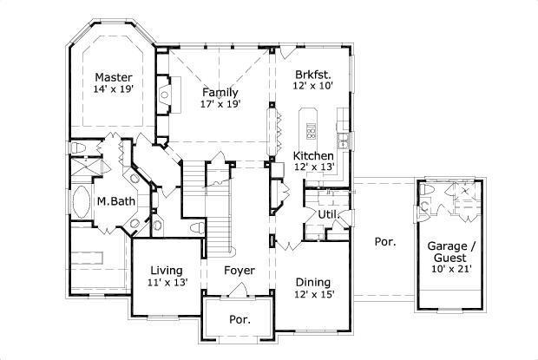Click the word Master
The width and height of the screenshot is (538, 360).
point(114,76)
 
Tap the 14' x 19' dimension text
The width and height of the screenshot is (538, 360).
point(114,88)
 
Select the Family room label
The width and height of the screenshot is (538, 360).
point(220,92)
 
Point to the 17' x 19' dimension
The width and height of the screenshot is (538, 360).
point(220,104)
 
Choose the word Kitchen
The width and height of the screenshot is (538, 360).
point(313,156)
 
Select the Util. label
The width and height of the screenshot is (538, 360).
point(327,213)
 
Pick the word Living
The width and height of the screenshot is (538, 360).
point(166,270)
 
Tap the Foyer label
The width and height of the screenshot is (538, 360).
point(239,271)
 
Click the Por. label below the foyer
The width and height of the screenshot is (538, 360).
point(239,319)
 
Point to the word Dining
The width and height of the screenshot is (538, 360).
point(312,282)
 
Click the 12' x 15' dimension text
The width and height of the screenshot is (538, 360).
point(312,294)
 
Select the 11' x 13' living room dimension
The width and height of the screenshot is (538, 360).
point(166,282)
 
